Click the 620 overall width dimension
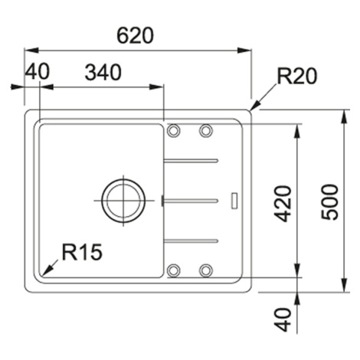(136, 35)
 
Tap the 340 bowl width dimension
(103, 72)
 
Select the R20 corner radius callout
(297, 76)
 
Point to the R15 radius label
(82, 252)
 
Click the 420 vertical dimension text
(283, 204)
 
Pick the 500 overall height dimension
(329, 202)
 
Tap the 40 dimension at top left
(37, 71)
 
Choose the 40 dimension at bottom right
(283, 319)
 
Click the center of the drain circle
(123, 201)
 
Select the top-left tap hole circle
(173, 130)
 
